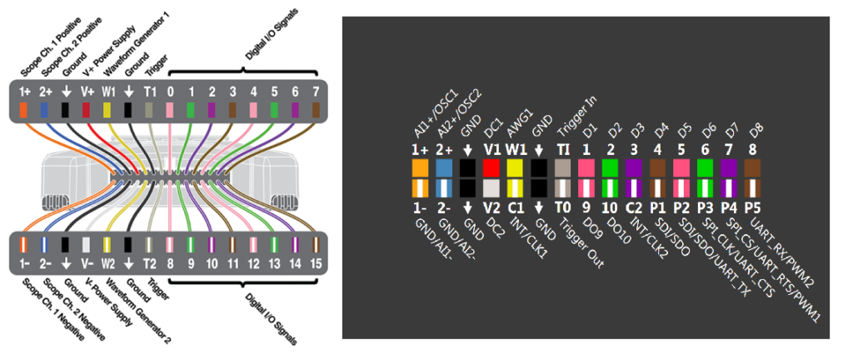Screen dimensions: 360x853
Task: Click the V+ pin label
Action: point(87,90)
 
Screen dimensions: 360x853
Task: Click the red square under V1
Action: point(491,168)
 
